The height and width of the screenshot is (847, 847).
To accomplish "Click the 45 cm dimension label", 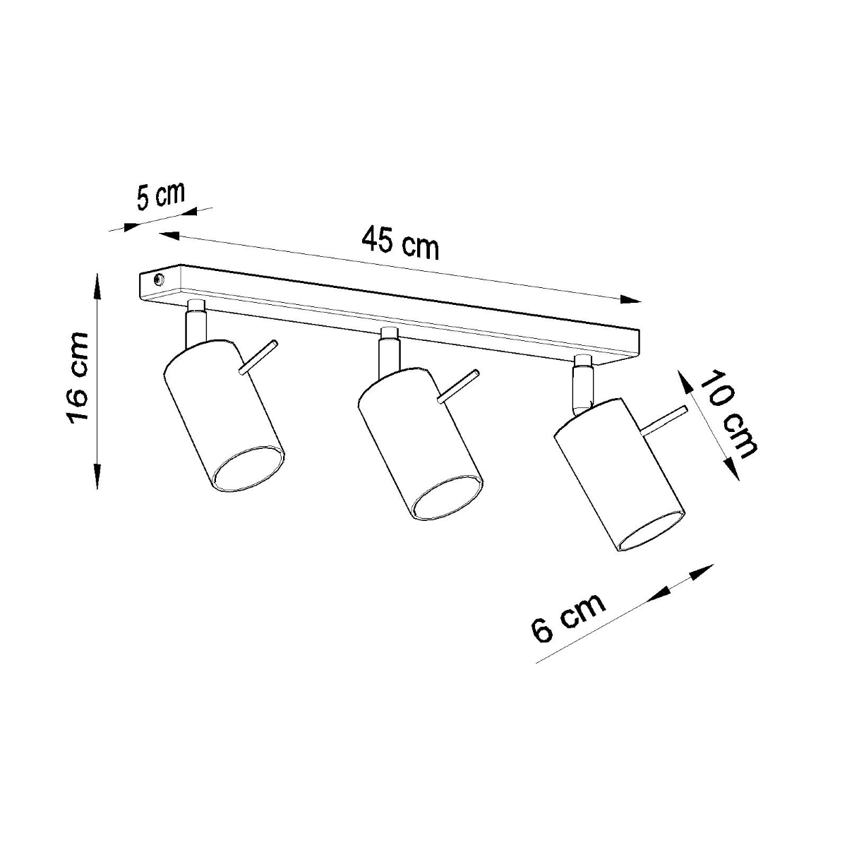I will pos(400,244).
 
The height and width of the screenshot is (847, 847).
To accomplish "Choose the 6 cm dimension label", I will pos(568,616).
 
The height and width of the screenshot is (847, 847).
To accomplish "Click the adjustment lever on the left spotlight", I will pos(258,356).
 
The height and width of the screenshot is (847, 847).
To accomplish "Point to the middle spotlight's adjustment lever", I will pos(459,386).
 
